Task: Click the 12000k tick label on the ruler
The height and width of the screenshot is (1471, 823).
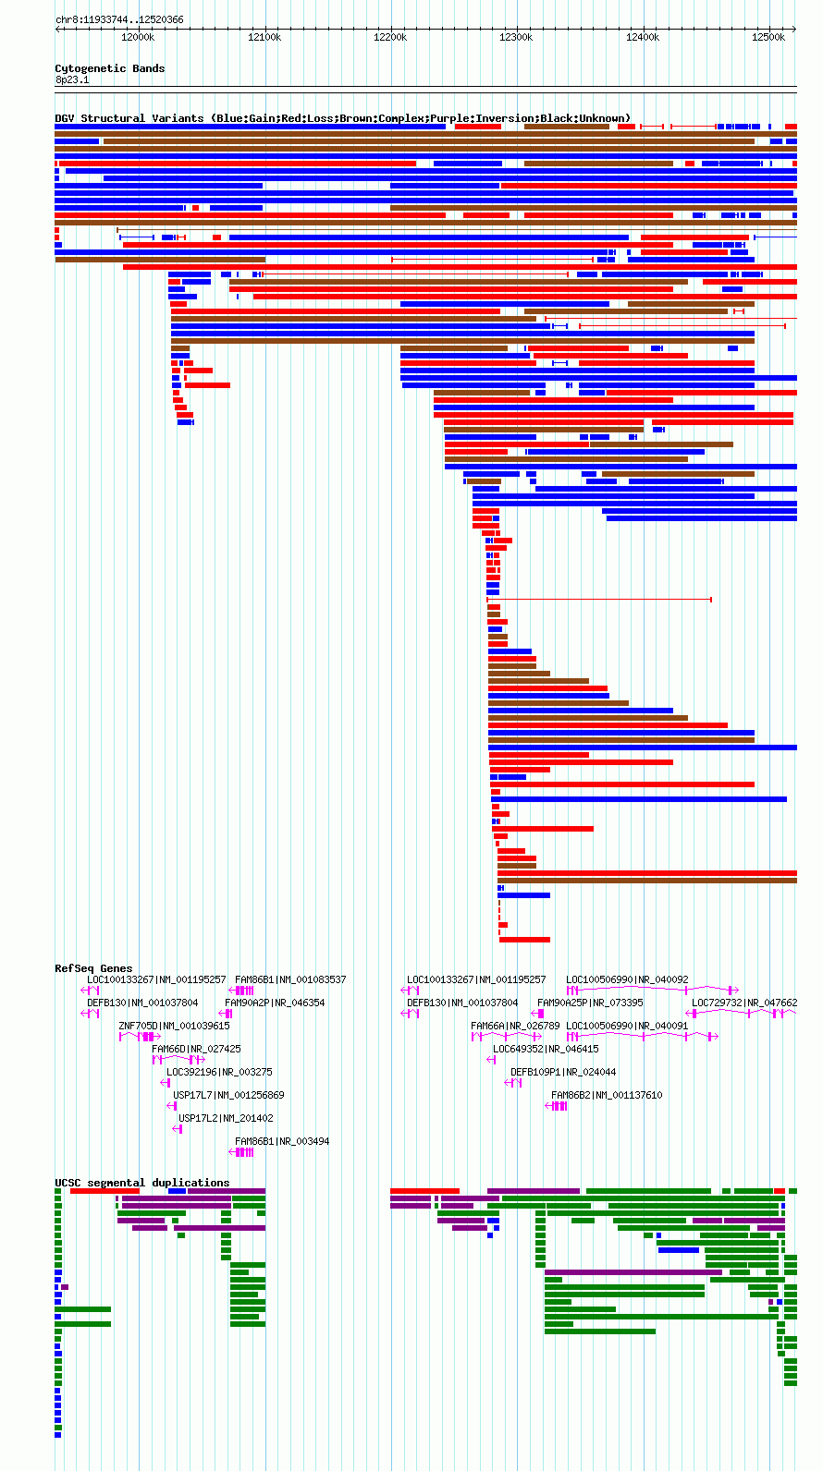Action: click(x=138, y=38)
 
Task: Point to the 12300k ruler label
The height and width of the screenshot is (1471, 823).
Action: click(x=516, y=38)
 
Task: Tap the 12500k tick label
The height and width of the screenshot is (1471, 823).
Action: click(x=768, y=38)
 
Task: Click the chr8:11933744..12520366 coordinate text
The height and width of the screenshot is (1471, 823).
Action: click(x=119, y=19)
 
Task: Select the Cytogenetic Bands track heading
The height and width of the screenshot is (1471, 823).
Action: click(x=110, y=68)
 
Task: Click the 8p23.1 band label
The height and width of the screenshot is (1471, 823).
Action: click(x=72, y=80)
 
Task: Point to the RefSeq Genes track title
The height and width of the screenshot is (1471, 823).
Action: click(x=93, y=968)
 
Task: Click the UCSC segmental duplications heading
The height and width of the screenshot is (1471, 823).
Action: click(x=142, y=1183)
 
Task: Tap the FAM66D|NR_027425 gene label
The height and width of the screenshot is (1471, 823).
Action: click(x=197, y=1049)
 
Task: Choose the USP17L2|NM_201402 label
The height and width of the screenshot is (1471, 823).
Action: click(x=227, y=1118)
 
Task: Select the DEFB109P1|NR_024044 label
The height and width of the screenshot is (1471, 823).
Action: click(x=563, y=1072)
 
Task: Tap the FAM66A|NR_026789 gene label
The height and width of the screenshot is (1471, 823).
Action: click(x=515, y=1026)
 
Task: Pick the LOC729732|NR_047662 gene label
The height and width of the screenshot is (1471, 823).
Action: click(x=744, y=1003)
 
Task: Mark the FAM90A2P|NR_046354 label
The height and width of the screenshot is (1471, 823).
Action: click(x=275, y=1003)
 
